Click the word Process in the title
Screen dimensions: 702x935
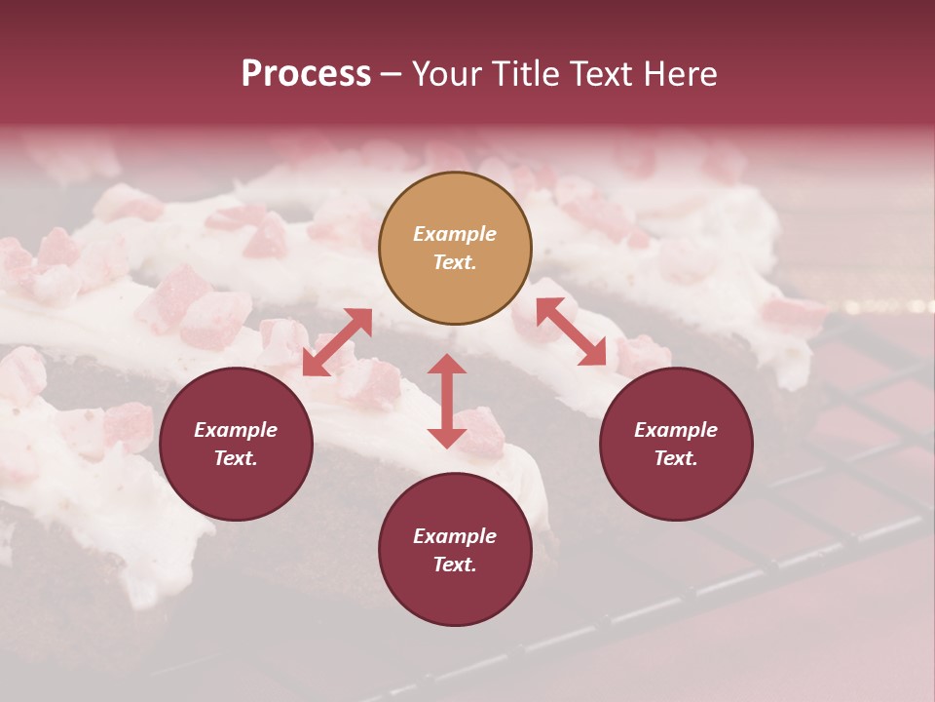point(306,74)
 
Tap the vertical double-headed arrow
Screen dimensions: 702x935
point(447,401)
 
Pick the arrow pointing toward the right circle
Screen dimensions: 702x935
point(572,331)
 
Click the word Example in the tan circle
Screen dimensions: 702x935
point(455,234)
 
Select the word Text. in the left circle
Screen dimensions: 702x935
point(236,458)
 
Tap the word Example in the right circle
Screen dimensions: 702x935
point(676,430)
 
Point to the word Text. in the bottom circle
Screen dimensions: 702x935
point(455,565)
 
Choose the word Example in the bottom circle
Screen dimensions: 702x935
point(455,536)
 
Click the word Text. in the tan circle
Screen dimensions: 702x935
point(455,262)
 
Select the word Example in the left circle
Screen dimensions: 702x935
point(236,430)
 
